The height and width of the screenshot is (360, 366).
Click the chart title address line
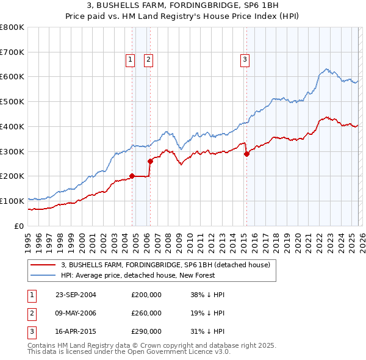point(182,5)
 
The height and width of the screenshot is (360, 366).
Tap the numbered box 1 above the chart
point(131,59)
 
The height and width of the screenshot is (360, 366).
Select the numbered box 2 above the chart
point(148,59)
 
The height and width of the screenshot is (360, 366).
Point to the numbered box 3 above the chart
point(244,59)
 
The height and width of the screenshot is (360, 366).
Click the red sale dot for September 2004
point(132,176)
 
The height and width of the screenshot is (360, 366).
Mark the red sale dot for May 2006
point(150,161)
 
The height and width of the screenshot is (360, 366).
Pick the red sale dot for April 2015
point(246,154)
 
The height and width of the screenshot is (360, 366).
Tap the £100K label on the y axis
point(12,201)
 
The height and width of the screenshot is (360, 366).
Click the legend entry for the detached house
point(169,265)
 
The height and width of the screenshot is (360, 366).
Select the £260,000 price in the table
point(146,313)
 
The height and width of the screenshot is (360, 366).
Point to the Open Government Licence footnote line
point(129,352)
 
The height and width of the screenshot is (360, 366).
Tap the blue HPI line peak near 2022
point(327,69)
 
